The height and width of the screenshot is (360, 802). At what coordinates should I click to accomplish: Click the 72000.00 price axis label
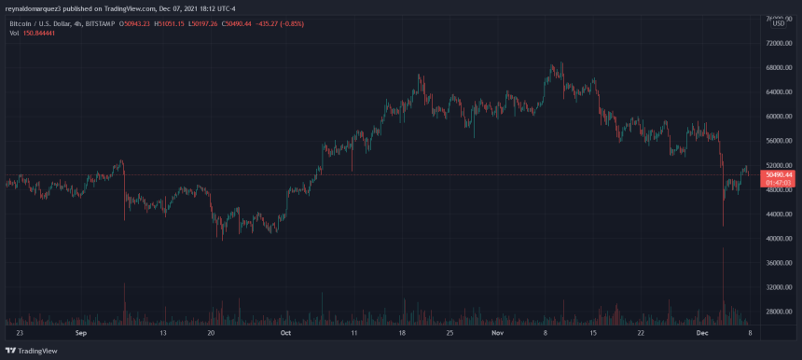777,43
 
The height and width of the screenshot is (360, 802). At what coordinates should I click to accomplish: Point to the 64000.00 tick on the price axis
777,92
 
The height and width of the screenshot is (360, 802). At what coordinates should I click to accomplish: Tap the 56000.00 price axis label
777,141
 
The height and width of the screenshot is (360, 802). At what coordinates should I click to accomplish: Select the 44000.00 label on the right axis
777,215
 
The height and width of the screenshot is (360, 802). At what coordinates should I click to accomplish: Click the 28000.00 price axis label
777,312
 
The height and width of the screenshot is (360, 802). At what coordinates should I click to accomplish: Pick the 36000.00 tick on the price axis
777,263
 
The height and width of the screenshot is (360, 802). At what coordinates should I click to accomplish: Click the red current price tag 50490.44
778,174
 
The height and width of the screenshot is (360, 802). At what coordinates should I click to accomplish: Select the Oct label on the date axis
286,332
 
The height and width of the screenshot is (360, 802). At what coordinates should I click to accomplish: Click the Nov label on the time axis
497,332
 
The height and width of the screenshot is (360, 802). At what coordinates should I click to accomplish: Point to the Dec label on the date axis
706,332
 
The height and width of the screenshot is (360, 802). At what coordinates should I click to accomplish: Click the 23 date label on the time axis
20,332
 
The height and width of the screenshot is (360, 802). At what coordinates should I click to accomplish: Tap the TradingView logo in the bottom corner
31,351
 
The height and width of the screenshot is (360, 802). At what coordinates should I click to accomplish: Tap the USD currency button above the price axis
778,22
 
